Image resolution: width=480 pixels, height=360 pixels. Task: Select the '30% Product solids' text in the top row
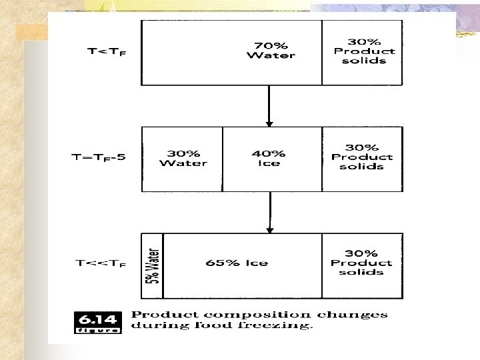click(364, 51)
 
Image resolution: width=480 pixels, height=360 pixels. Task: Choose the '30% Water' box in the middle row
click(183, 158)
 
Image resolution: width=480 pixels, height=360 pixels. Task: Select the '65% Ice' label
click(237, 263)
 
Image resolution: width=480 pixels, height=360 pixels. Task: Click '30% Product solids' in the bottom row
click(362, 263)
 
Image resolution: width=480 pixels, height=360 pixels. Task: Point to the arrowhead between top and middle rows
click(269, 123)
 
